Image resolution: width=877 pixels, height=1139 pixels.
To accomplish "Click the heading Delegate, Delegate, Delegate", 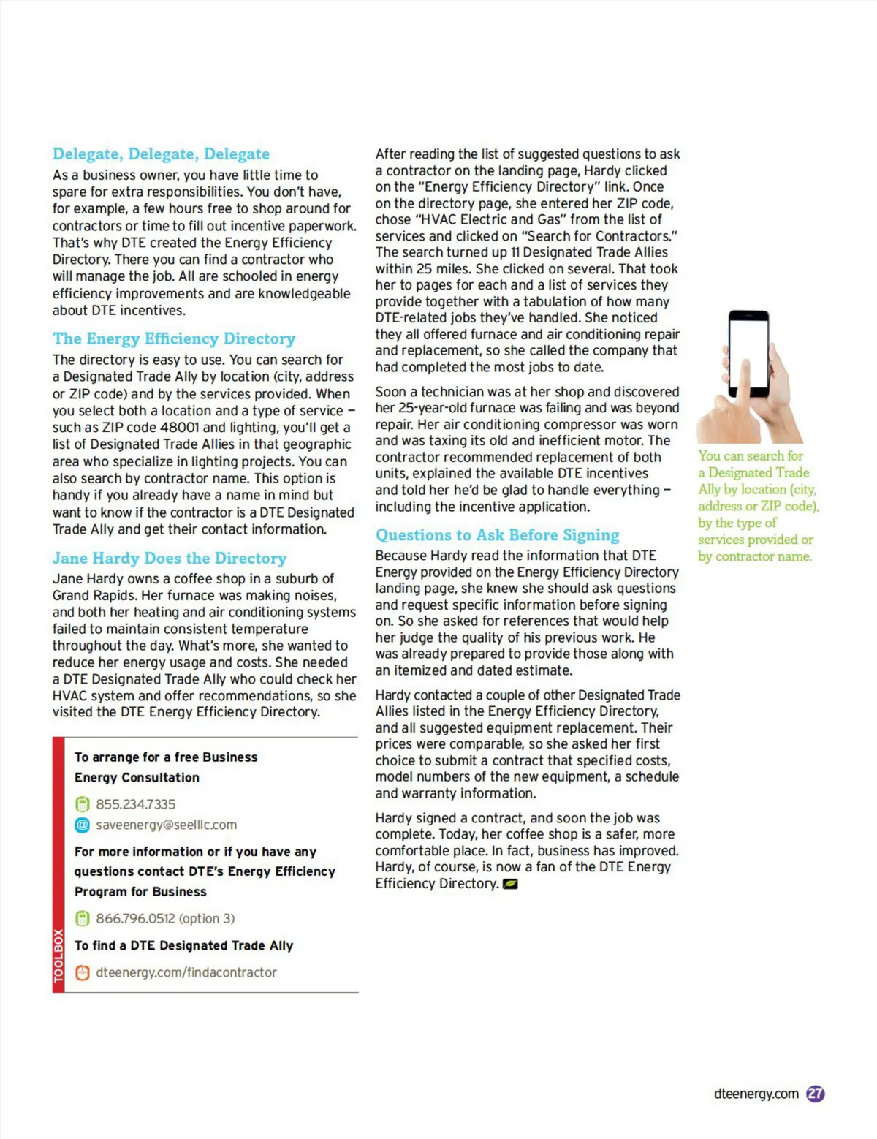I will click(161, 154).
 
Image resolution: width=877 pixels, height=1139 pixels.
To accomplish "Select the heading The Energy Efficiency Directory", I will click(174, 339).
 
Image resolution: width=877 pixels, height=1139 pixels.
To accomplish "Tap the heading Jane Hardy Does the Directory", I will click(170, 559).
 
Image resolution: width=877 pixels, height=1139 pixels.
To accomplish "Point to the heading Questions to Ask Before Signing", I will click(497, 535).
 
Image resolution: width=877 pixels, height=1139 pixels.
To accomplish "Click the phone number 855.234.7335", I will click(135, 804).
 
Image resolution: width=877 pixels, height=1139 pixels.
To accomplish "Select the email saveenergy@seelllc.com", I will click(166, 825).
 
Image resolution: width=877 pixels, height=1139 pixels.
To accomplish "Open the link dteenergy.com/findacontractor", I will click(186, 972).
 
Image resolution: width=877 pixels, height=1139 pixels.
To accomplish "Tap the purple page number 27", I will click(816, 1094).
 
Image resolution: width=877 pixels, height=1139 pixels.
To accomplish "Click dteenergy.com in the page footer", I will click(756, 1094).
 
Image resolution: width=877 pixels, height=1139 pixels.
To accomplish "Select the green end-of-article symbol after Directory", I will click(510, 884).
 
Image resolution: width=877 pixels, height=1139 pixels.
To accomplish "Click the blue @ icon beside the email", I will click(83, 825).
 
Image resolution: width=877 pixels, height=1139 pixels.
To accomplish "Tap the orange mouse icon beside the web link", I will click(83, 972).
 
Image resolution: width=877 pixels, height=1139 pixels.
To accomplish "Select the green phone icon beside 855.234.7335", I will click(83, 804).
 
